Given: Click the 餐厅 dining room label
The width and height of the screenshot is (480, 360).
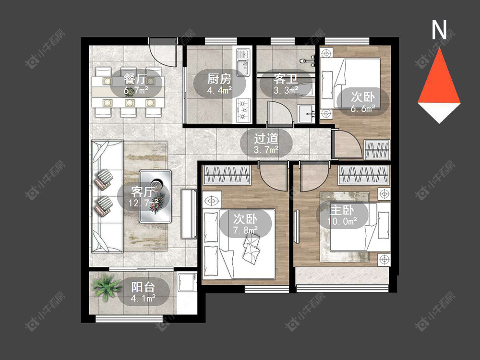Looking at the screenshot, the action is [x=135, y=79].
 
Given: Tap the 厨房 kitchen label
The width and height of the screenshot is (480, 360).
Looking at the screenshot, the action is [x=219, y=79].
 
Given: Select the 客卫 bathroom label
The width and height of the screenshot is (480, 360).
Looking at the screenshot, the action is [x=286, y=79].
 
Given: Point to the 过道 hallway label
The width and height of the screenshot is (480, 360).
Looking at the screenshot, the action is [x=266, y=138].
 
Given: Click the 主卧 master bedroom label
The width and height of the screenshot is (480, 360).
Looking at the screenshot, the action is [x=342, y=210].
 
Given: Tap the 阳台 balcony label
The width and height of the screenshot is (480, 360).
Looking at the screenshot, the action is [x=143, y=287].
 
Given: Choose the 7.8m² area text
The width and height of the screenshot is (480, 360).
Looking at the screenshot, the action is [x=245, y=230].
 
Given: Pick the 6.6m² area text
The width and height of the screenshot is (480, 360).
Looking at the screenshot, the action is [x=363, y=108].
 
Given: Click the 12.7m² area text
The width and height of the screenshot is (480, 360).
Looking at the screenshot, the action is [x=144, y=203].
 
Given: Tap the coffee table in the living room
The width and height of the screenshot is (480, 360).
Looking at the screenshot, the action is [x=156, y=196].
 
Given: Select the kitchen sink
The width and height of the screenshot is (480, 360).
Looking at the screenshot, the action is [x=243, y=63].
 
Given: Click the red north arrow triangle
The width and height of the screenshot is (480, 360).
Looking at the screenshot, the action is [x=439, y=76].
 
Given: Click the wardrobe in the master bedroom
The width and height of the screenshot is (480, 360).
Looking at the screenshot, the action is [x=364, y=175].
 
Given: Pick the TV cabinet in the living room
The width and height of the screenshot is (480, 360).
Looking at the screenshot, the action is [x=189, y=214].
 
